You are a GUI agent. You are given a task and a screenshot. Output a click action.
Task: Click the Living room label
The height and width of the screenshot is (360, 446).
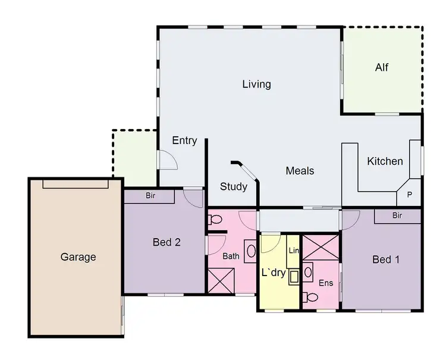pyautogui.click(x=256, y=84)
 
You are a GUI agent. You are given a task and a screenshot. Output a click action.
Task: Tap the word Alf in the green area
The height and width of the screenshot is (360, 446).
pyautogui.click(x=382, y=67)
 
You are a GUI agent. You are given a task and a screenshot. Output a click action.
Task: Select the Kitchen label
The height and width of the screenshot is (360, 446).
pyautogui.click(x=385, y=161)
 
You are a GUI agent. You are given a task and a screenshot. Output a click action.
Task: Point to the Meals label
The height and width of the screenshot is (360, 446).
pyautogui.click(x=300, y=171)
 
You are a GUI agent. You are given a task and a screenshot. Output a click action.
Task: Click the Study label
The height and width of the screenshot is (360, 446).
pyautogui.click(x=234, y=186)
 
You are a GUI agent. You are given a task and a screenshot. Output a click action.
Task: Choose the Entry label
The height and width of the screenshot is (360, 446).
pyautogui.click(x=184, y=140)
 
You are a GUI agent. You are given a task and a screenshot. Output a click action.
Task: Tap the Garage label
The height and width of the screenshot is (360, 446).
pyautogui.click(x=78, y=257)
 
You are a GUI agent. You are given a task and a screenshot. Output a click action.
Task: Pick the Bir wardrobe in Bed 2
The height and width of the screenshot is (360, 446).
pyautogui.click(x=150, y=195)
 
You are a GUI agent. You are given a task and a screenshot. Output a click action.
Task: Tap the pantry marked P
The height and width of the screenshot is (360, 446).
pyautogui.click(x=409, y=194)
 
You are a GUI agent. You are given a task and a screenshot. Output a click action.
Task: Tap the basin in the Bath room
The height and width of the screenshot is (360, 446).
pyautogui.click(x=251, y=250)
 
